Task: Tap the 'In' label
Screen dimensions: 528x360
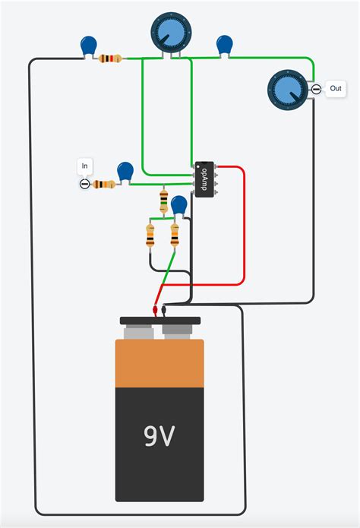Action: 84,166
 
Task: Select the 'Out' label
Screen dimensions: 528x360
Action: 336,89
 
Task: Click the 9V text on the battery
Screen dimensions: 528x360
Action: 160,436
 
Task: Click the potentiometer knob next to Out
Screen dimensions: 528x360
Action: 288,89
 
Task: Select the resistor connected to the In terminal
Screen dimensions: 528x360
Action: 103,184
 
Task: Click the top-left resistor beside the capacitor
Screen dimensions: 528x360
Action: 111,58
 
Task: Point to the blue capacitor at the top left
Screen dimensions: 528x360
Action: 89,47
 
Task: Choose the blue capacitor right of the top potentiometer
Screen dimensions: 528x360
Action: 224,45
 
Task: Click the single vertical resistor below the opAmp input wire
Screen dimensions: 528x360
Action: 164,201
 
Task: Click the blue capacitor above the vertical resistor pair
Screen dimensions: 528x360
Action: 179,205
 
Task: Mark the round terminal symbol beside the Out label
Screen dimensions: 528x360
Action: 316,90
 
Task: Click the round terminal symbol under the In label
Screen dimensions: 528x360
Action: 84,184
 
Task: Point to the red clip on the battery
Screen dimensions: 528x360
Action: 156,310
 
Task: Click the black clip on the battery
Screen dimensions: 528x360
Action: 165,309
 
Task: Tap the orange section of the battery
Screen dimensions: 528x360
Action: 160,365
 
